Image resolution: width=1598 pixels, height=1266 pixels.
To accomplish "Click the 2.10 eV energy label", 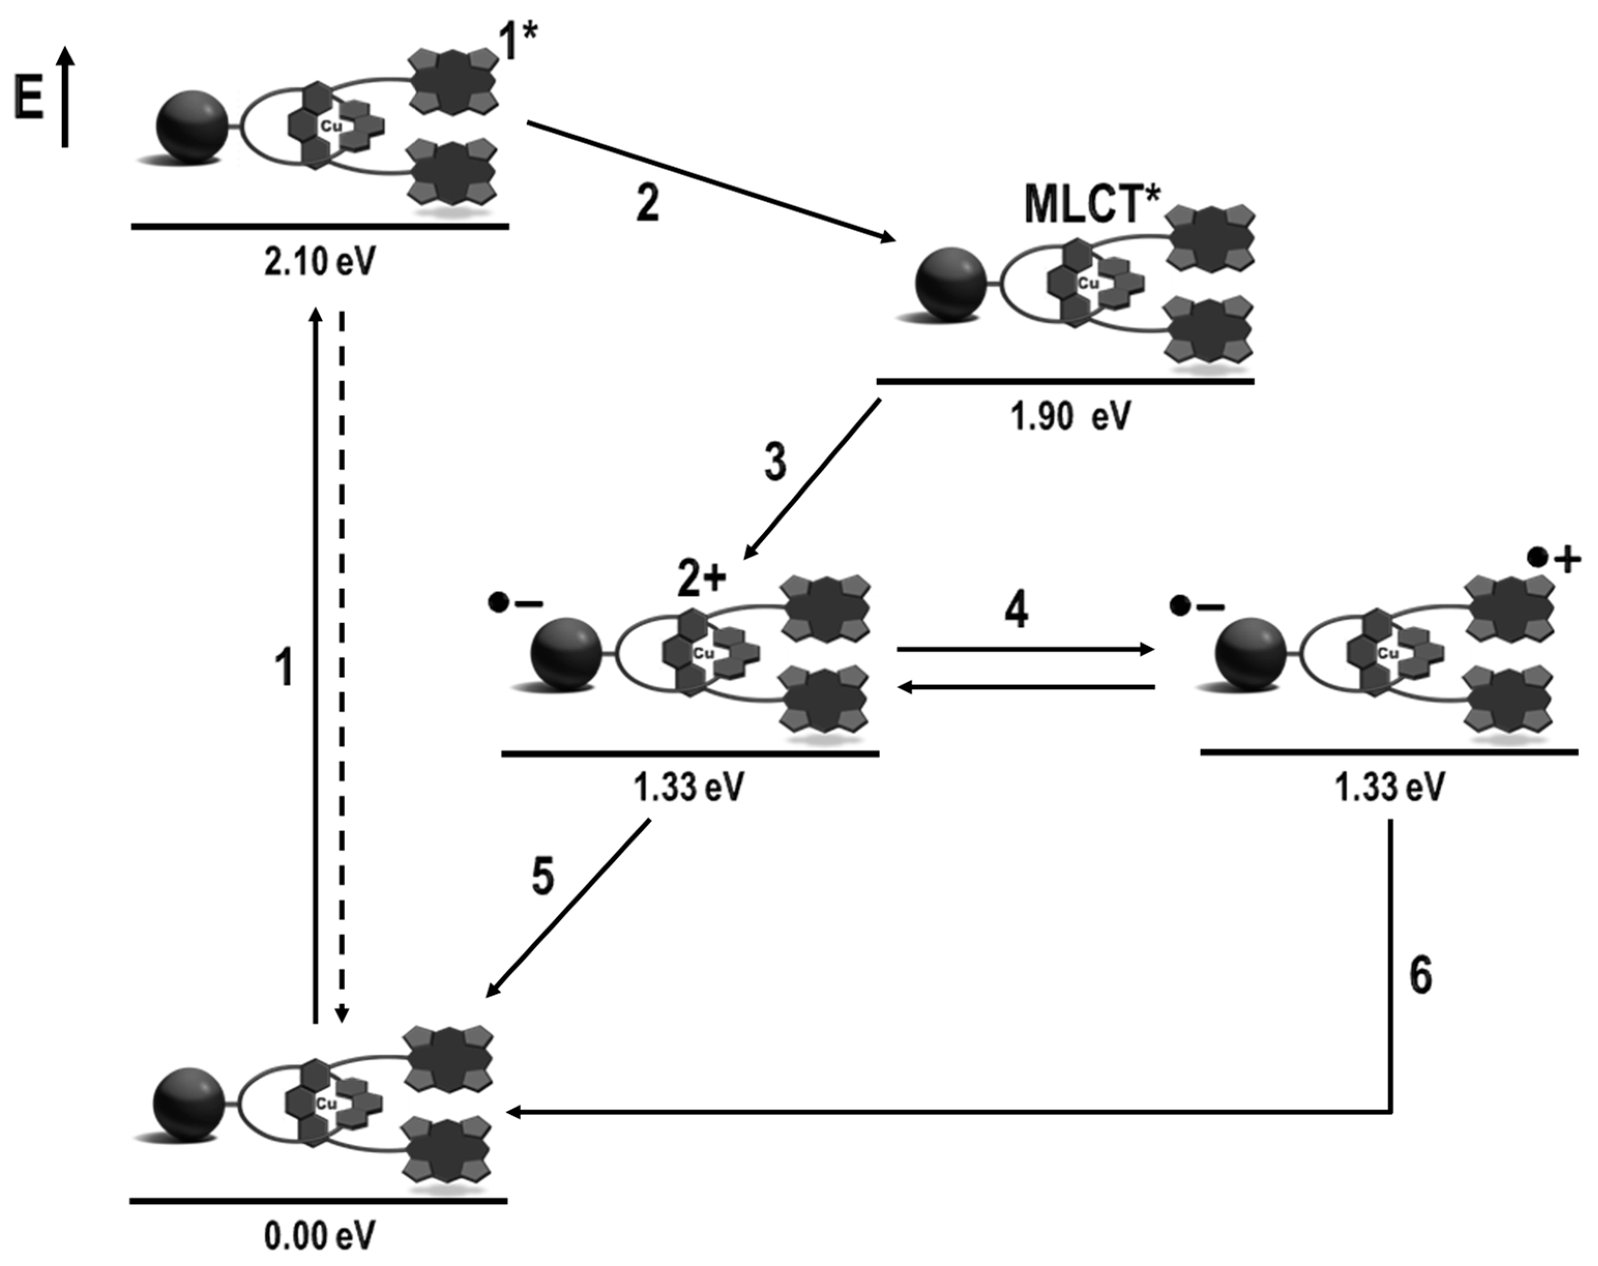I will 319,262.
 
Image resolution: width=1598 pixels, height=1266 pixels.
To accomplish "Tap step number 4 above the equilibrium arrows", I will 1016,611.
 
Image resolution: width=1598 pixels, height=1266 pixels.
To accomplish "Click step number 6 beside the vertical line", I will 1420,975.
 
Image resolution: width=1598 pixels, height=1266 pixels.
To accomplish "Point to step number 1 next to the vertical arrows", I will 284,666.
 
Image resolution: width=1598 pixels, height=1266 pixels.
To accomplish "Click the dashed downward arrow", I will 342,667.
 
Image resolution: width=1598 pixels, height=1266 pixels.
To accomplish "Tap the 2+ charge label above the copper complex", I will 701,579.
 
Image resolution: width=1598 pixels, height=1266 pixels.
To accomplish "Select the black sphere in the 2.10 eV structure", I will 192,127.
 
